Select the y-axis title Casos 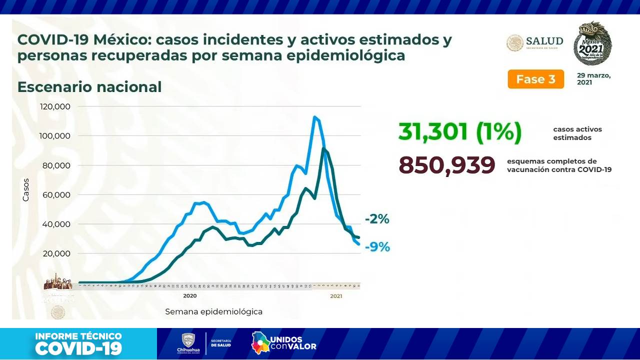coord(26,189)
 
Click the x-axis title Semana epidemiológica coord(213,311)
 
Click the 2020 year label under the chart coord(189,296)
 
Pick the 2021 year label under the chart coord(336,296)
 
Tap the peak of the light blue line coord(314,117)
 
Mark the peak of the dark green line coord(323,148)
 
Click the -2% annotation coord(376,219)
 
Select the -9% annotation coord(377,246)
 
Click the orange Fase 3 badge coord(535,79)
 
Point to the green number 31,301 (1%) coord(459,132)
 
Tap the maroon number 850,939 coord(446,165)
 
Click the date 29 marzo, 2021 coord(594,79)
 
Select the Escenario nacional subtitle coord(89,87)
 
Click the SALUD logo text coord(544,41)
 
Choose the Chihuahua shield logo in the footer coord(188,342)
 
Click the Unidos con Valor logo coord(283,342)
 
